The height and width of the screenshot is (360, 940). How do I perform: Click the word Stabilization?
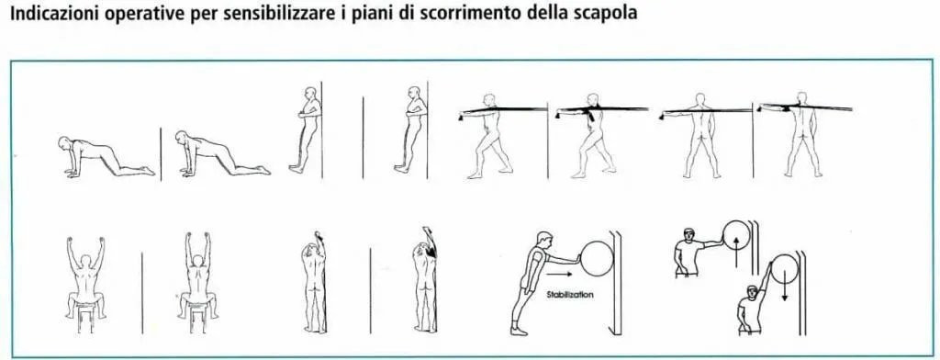569,295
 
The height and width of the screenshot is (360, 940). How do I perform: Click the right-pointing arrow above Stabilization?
558,276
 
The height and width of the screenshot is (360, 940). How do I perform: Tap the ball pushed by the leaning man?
597,260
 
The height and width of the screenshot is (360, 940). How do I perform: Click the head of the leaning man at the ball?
544,239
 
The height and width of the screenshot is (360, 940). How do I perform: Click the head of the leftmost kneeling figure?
64,143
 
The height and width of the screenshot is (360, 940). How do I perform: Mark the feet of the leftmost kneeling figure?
147,172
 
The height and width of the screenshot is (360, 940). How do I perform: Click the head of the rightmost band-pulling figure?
802,98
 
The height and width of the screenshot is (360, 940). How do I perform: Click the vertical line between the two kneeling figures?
161,153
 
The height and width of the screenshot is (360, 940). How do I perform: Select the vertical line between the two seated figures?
142,293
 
